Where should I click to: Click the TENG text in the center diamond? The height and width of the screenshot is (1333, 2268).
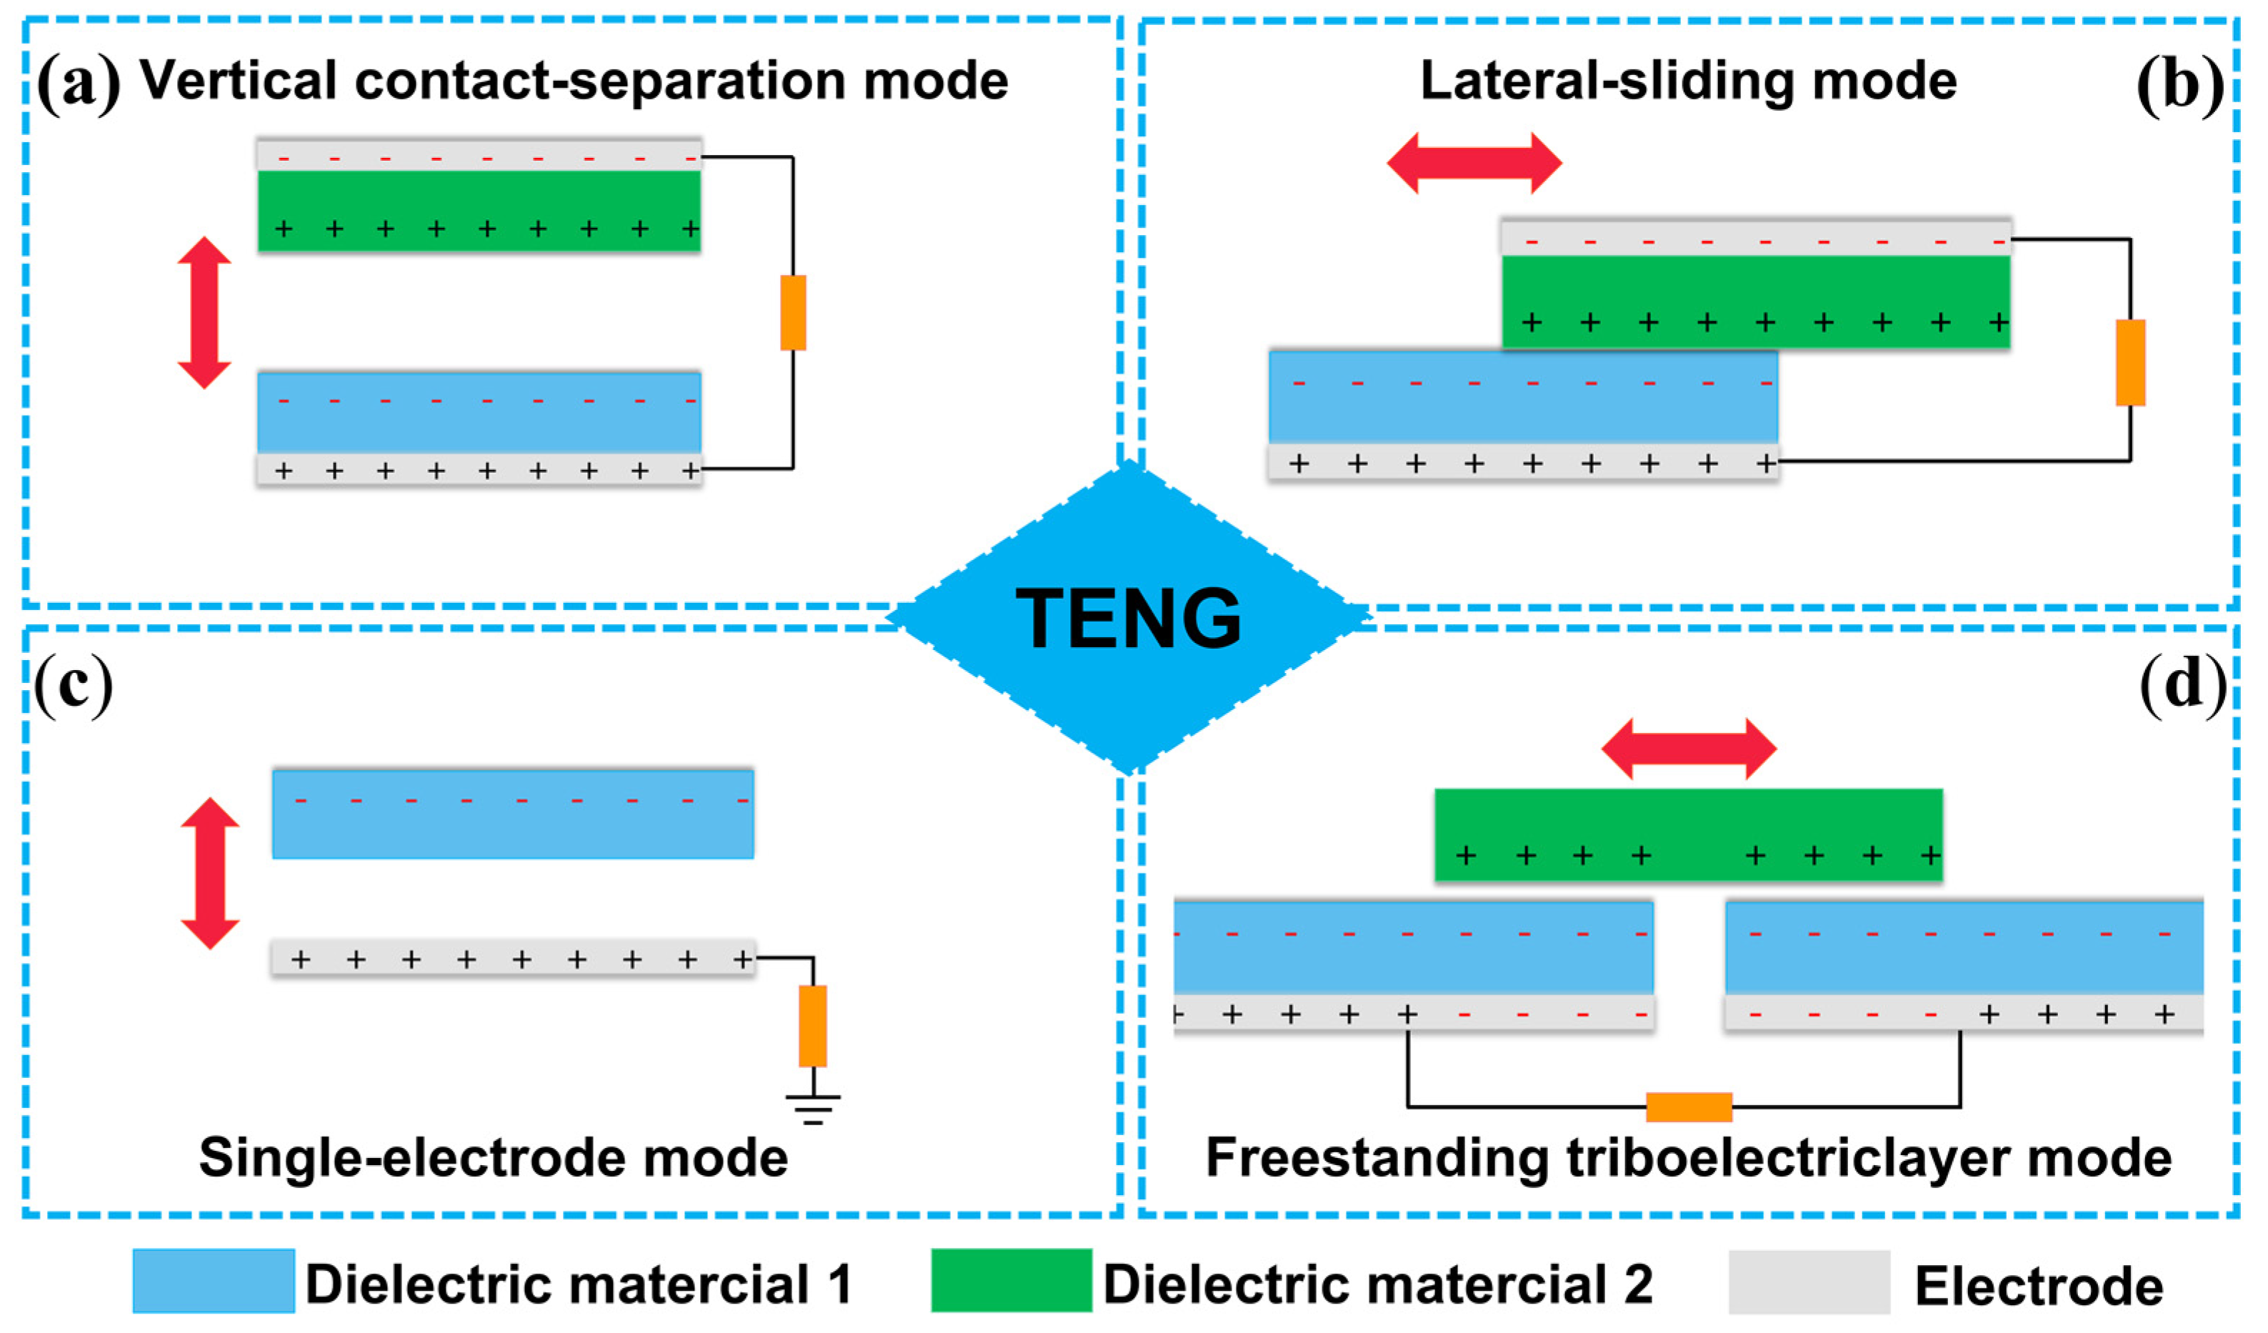tap(1129, 617)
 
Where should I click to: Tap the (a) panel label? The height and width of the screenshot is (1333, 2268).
tap(79, 83)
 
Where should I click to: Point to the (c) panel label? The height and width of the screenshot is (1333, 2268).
tap(74, 686)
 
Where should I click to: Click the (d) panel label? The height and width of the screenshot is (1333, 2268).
tap(2182, 686)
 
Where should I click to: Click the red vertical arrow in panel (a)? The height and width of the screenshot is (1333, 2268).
tap(204, 312)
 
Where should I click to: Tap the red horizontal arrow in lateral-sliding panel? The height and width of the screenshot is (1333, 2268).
tap(1474, 163)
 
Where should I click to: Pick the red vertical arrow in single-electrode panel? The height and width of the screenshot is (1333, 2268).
tap(210, 873)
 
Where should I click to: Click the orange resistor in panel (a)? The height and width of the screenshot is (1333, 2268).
tap(793, 312)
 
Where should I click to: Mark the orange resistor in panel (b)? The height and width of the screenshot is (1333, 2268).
tap(2130, 362)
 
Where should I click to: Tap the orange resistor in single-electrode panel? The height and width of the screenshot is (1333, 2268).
tap(813, 1026)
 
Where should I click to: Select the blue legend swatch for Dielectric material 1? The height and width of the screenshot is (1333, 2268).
tap(214, 1281)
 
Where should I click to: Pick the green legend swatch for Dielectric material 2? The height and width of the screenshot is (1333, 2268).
tap(1011, 1281)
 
